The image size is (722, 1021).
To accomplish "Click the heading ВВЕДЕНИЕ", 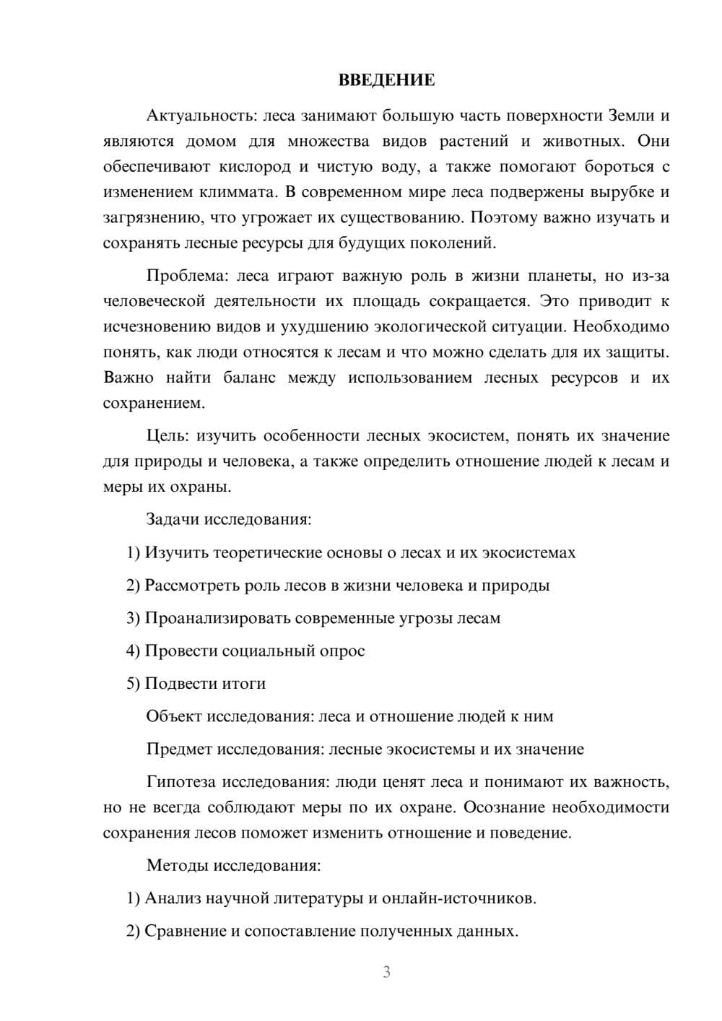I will (386, 80).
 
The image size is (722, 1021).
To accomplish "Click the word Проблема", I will (187, 276).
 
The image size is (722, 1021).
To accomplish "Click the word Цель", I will (168, 436).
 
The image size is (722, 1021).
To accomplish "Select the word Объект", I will (174, 716).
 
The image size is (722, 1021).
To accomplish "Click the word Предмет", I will (179, 749).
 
